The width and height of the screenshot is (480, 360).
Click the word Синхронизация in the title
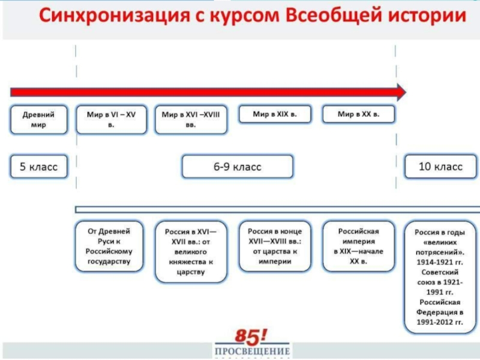[x=115, y=16]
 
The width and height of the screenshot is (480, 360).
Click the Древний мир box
[x=38, y=119]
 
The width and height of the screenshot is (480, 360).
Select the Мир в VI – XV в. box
[x=111, y=119]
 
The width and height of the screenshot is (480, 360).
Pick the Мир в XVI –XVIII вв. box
[x=191, y=119]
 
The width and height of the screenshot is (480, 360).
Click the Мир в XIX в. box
[x=275, y=114]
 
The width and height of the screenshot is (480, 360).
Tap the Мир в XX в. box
[x=358, y=114]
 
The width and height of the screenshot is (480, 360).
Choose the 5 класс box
[x=38, y=167]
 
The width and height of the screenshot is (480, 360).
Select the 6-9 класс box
[x=238, y=167]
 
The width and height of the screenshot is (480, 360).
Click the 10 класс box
[x=440, y=167]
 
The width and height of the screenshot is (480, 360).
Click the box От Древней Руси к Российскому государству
[x=109, y=246]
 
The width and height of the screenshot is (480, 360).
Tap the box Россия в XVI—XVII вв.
[x=191, y=251]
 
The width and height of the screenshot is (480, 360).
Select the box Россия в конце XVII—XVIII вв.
[x=275, y=246]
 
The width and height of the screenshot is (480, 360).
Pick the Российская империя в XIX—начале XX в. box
[x=358, y=246]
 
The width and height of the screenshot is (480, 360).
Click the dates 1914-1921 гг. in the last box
[x=440, y=262]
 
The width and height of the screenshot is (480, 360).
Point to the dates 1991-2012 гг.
[x=440, y=322]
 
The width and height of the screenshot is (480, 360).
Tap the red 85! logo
[x=251, y=337]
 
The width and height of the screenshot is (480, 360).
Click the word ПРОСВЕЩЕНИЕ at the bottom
[x=252, y=351]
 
